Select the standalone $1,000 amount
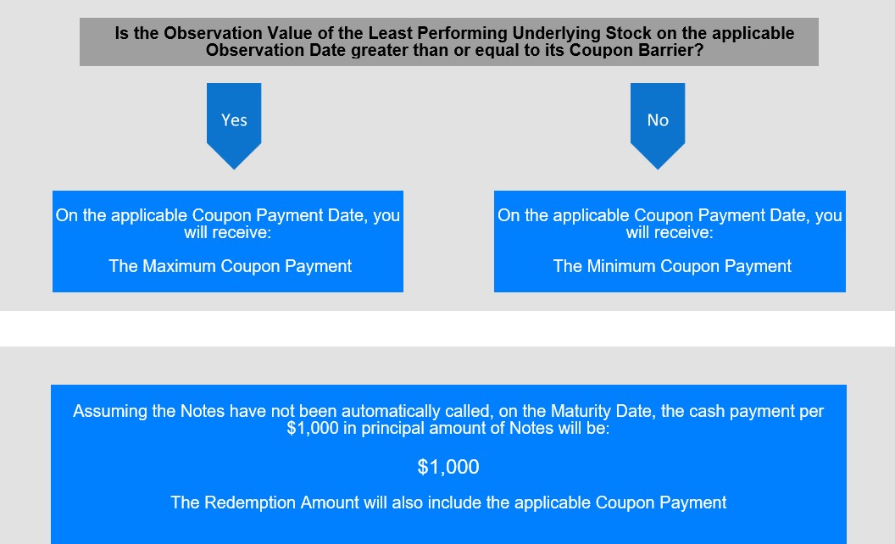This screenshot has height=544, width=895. (x=448, y=467)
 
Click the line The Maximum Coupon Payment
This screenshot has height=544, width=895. (x=230, y=266)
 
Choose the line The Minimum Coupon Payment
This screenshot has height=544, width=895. (x=672, y=266)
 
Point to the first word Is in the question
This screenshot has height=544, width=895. (x=121, y=33)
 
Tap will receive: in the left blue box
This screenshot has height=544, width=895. (x=227, y=232)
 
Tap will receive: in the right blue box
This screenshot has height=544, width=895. (x=670, y=232)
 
